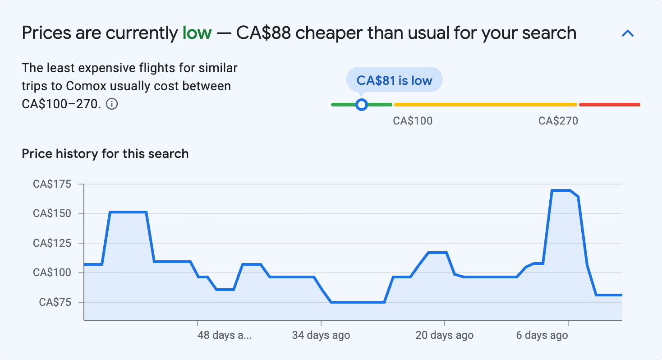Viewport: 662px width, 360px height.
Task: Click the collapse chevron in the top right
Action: point(628,33)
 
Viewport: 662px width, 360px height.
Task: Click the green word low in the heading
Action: point(197,33)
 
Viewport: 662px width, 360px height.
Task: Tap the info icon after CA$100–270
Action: point(112,104)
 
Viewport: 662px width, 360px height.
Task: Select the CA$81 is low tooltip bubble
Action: point(394,80)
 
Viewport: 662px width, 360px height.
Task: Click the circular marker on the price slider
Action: point(361,105)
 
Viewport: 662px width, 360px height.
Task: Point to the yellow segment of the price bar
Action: point(485,105)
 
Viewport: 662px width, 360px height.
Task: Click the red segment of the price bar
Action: point(609,105)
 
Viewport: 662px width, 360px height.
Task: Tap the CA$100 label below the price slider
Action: point(413,121)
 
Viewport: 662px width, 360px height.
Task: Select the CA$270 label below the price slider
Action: point(558,121)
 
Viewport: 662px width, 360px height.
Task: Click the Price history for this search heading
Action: point(105,154)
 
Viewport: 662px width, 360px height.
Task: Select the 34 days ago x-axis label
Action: point(321,336)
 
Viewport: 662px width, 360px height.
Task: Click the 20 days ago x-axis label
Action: point(444,336)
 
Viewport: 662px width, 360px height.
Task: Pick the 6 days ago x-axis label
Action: point(542,336)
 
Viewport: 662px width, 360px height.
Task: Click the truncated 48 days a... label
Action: point(224,336)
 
